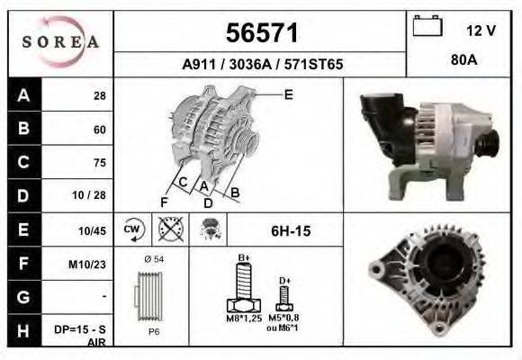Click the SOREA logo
(x=60, y=43)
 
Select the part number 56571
(x=261, y=33)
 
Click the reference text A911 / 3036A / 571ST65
(x=261, y=66)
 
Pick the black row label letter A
(x=22, y=95)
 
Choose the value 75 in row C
(x=99, y=163)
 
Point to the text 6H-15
(x=291, y=231)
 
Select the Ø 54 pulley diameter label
(x=153, y=260)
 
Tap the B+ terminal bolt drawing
(x=242, y=288)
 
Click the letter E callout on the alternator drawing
(x=289, y=94)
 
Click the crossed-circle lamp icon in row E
(x=167, y=229)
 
